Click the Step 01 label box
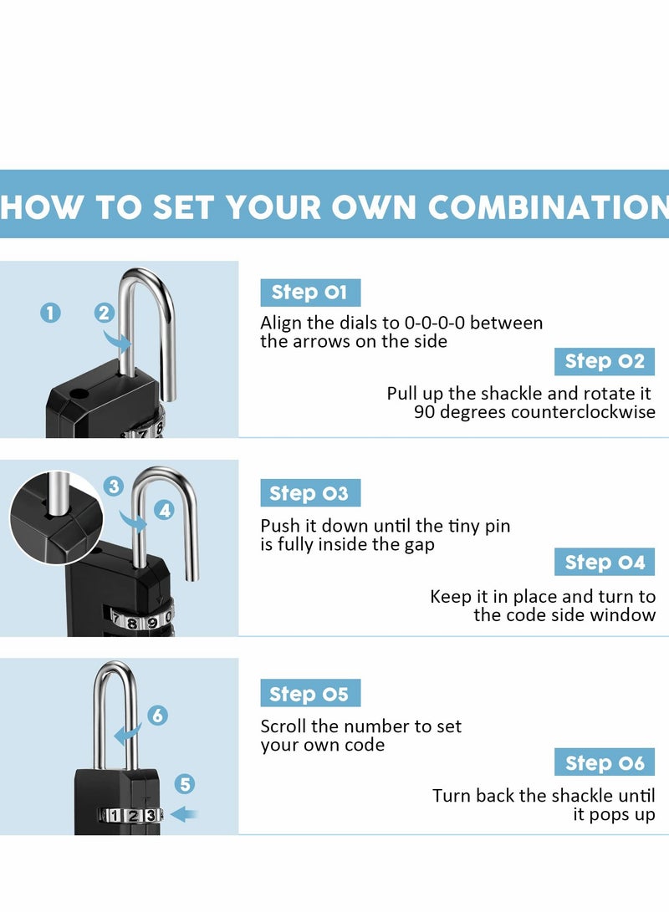(309, 293)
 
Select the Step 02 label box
(604, 361)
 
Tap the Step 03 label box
(309, 493)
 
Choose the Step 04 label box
(604, 563)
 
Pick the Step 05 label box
(309, 694)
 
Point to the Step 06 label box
(604, 762)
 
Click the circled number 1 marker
(51, 313)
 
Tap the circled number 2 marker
(105, 313)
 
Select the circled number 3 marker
(115, 486)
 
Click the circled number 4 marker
(165, 509)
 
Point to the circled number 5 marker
(186, 784)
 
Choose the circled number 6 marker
(158, 716)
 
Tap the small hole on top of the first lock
(77, 392)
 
